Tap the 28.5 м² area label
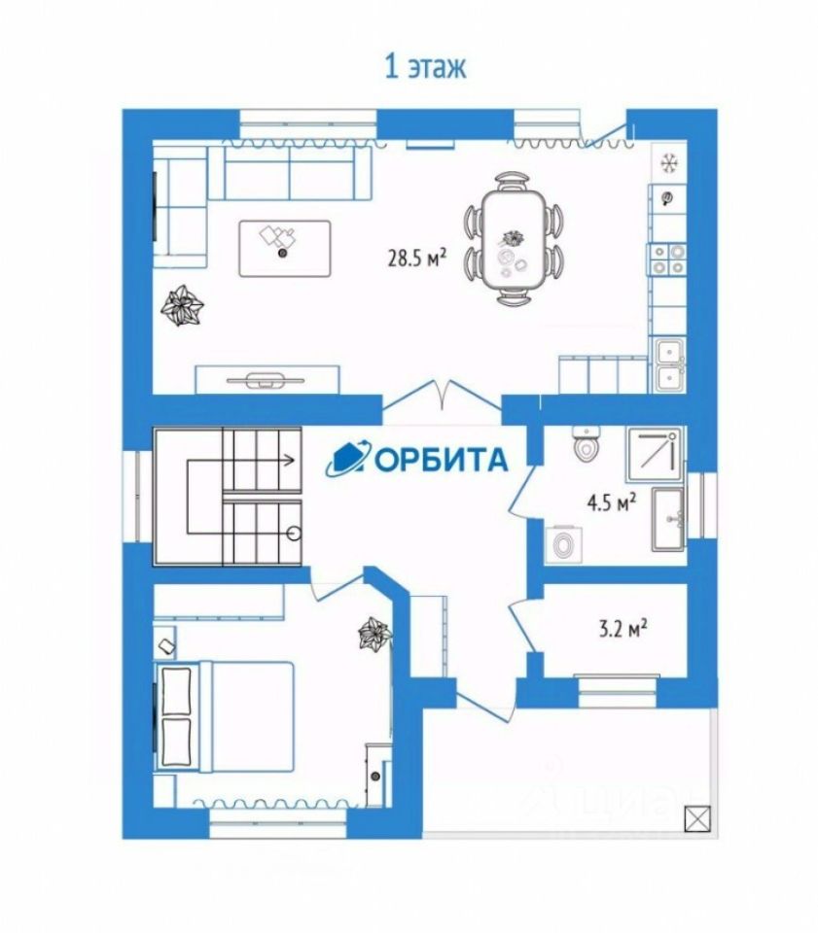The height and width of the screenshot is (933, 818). [416, 258]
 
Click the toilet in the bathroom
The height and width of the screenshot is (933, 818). [586, 447]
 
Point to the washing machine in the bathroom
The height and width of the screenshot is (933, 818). [562, 544]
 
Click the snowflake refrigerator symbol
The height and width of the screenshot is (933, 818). [669, 161]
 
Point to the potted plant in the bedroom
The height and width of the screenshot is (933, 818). [374, 635]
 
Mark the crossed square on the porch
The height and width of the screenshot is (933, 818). [695, 820]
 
